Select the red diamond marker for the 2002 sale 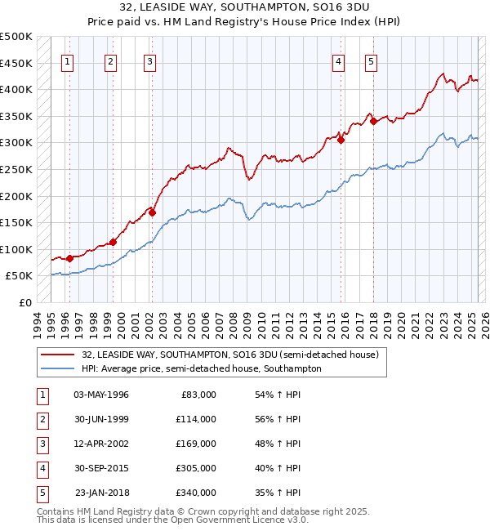pos(152,212)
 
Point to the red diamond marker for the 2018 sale pos(373,121)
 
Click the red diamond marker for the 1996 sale pos(69,258)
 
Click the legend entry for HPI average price pos(201,368)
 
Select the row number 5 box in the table pos(42,493)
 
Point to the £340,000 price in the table pos(197,493)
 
